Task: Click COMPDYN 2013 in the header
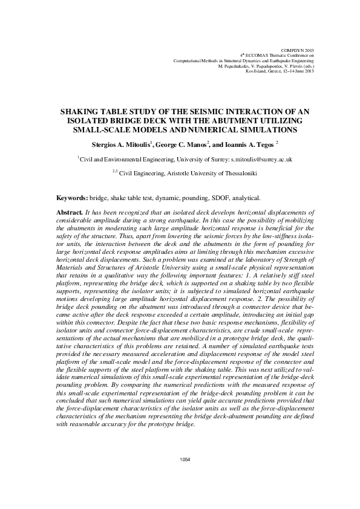[x=298, y=48]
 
